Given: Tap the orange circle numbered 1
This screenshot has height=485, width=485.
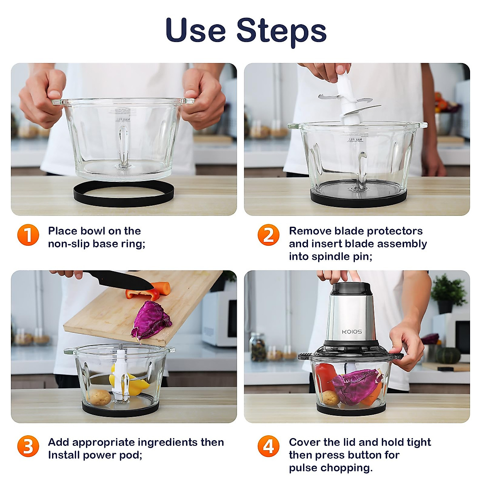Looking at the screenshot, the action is (x=28, y=235).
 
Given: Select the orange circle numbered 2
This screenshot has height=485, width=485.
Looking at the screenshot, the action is (x=268, y=235).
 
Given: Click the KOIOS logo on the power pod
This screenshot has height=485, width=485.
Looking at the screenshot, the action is (x=352, y=332).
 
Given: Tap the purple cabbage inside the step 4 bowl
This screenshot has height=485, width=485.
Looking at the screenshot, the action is (x=356, y=386).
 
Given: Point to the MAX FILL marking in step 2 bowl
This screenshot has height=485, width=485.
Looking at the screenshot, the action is (x=355, y=139).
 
